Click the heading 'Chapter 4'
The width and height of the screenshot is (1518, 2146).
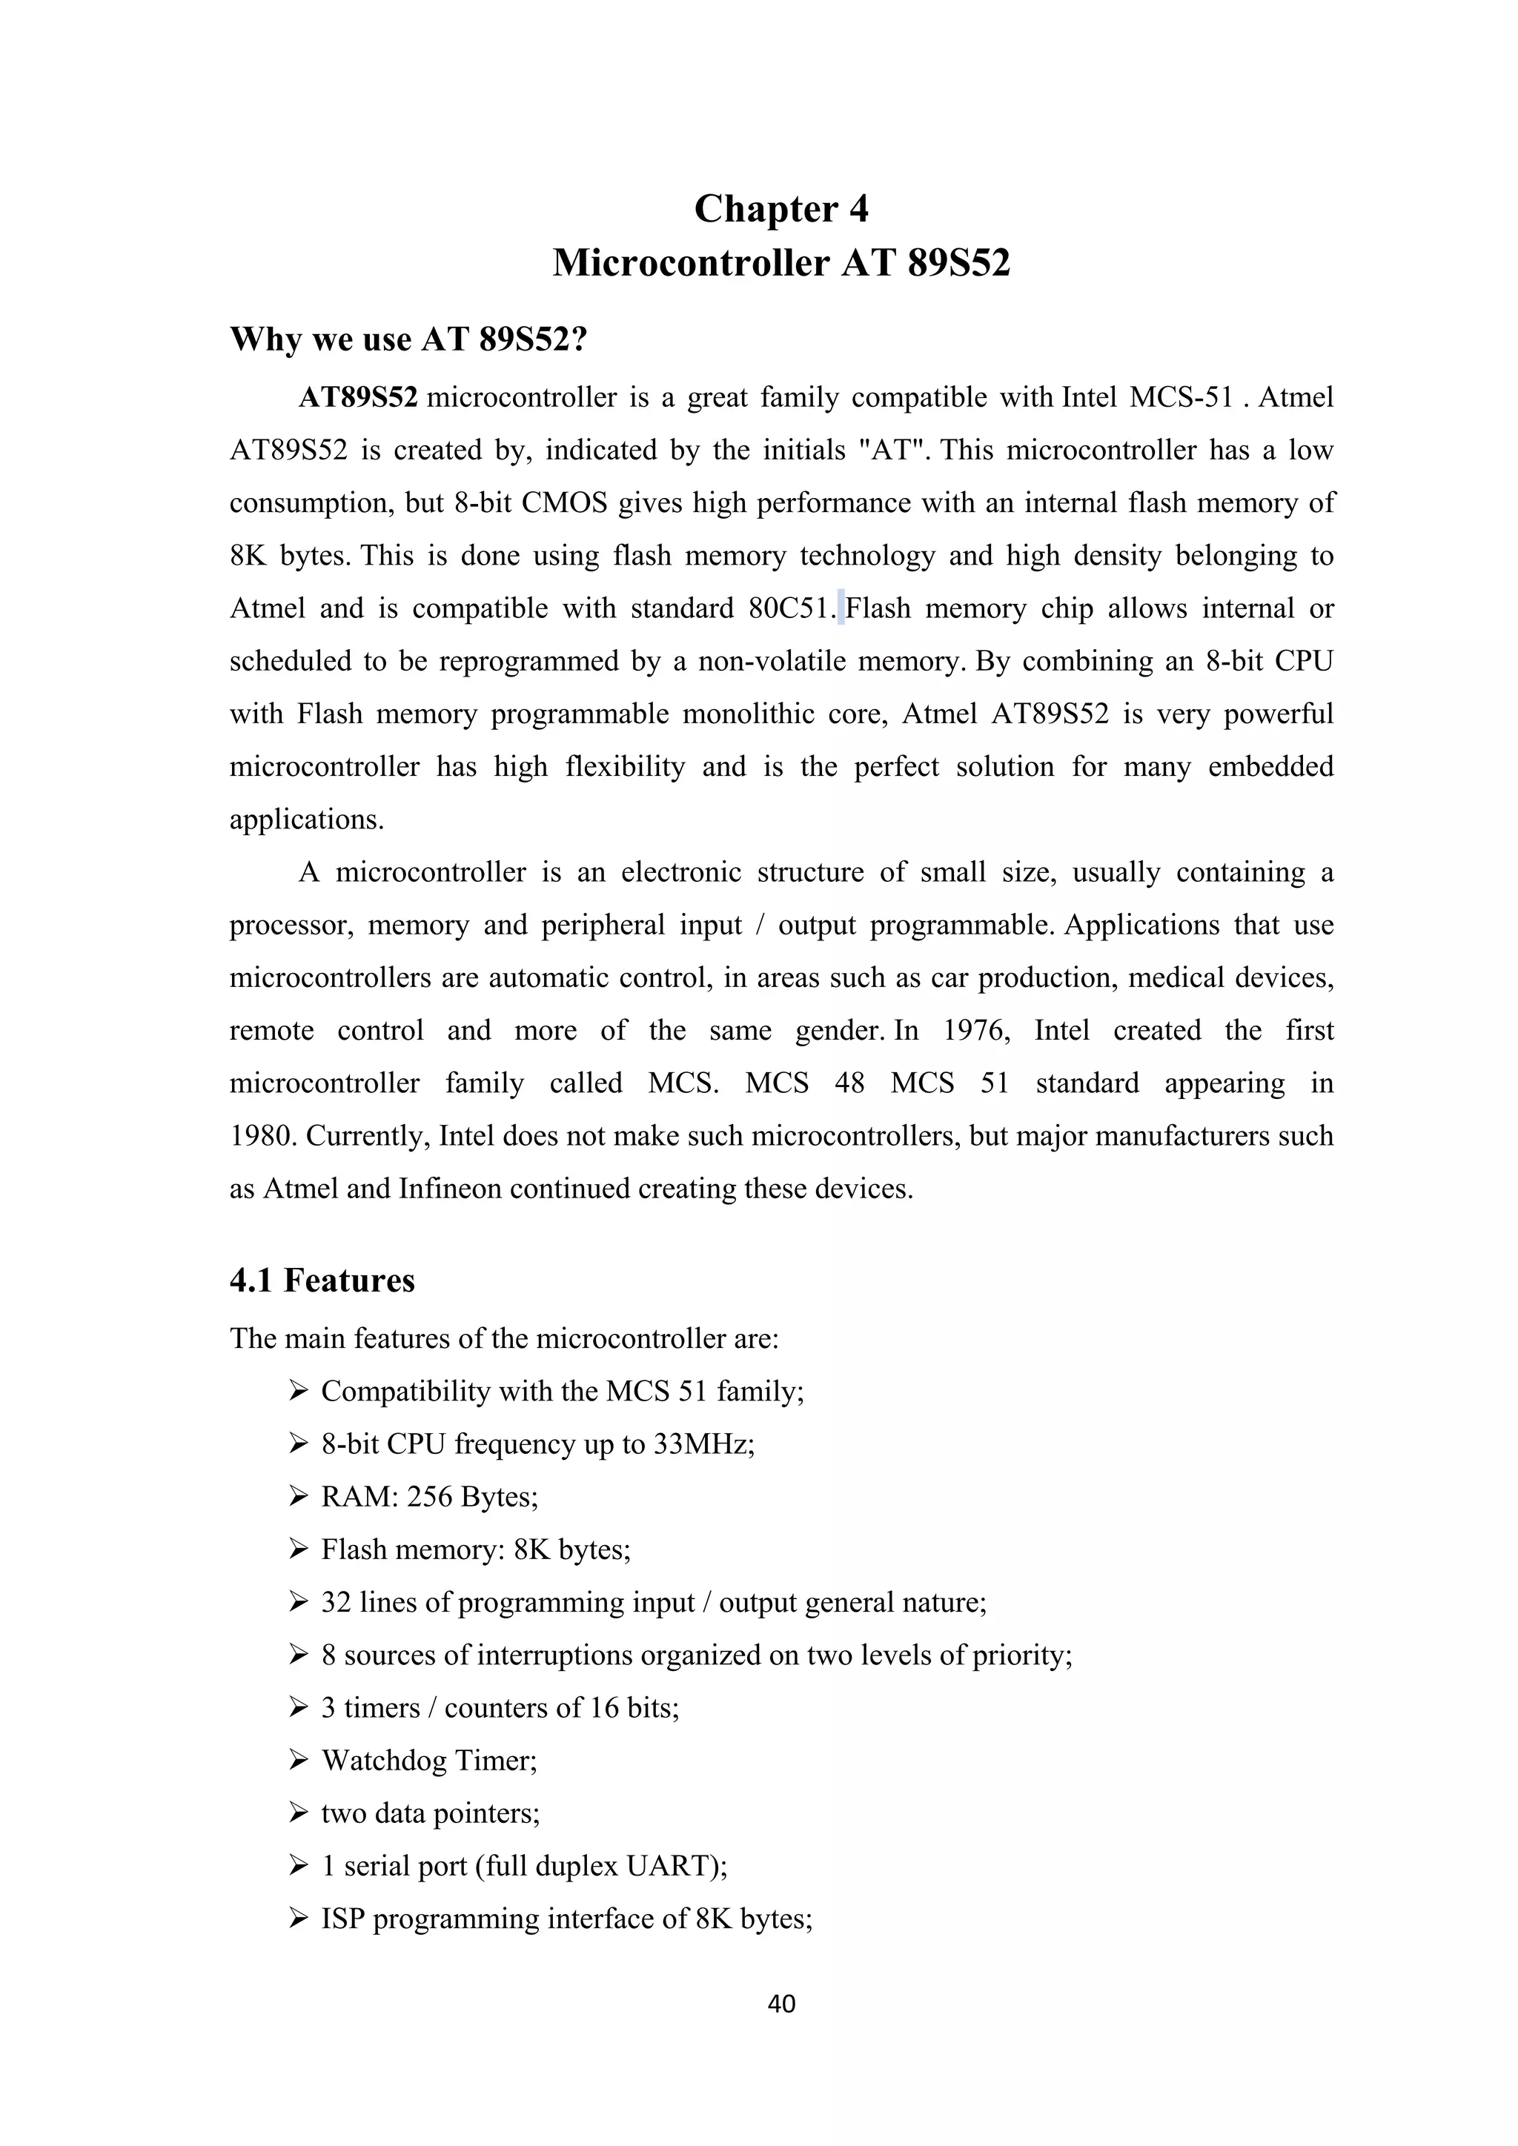point(780,208)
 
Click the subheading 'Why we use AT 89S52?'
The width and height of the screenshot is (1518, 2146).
point(408,339)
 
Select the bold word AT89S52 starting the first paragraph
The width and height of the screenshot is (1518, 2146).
point(358,397)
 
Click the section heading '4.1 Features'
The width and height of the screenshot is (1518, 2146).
point(322,1280)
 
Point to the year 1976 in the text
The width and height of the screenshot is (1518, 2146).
point(976,1030)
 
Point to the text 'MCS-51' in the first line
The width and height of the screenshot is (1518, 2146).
point(1181,397)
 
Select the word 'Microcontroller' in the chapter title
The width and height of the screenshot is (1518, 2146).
point(691,262)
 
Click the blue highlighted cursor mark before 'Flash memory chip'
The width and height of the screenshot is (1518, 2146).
point(841,608)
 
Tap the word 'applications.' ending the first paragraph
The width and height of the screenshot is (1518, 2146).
point(307,820)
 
